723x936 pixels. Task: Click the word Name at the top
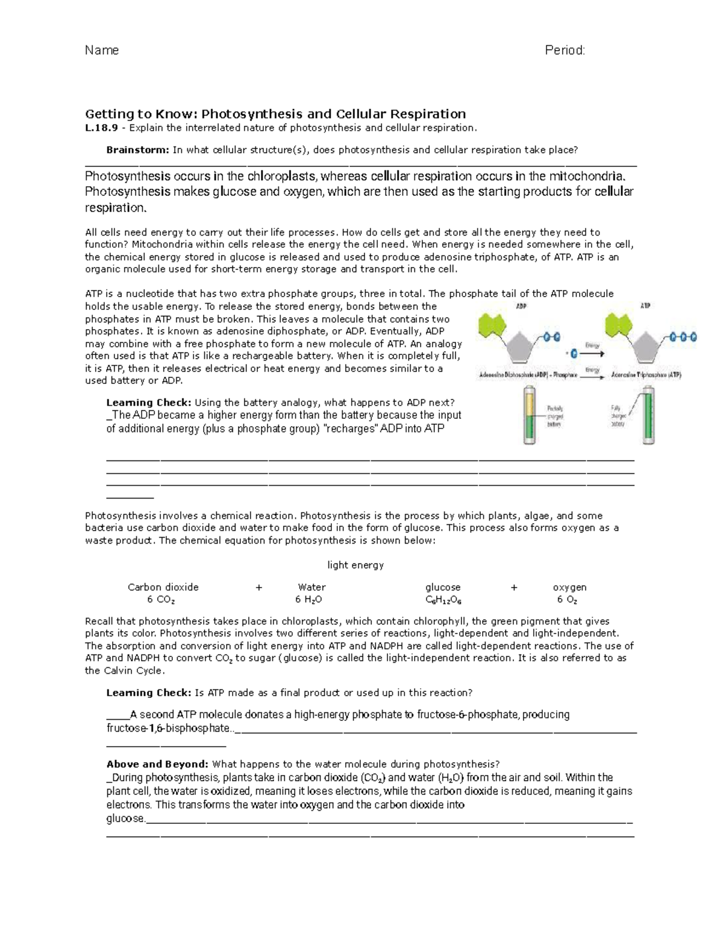(102, 50)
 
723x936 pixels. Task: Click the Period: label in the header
(565, 50)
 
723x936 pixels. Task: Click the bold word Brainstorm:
(138, 150)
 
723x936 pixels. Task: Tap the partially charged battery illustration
(528, 416)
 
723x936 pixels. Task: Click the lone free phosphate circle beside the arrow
(574, 352)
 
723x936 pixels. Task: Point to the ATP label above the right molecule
(645, 306)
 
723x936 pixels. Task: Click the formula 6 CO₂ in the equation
(161, 600)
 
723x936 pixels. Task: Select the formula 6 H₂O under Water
(308, 600)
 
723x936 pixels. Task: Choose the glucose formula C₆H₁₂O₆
(443, 600)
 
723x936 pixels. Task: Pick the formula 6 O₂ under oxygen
(568, 600)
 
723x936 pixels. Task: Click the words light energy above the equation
(355, 565)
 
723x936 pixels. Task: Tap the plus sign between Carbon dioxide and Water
(259, 588)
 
